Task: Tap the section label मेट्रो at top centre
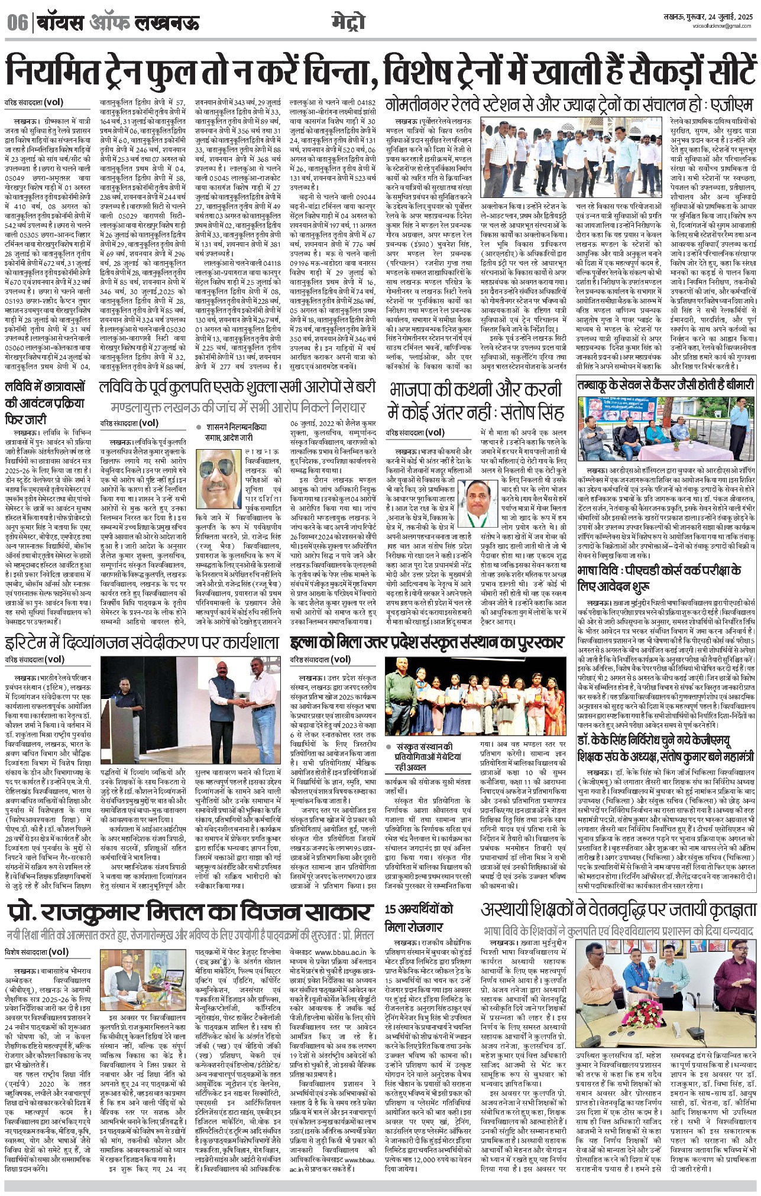point(348,22)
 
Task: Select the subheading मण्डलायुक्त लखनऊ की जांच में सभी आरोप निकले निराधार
point(238,408)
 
